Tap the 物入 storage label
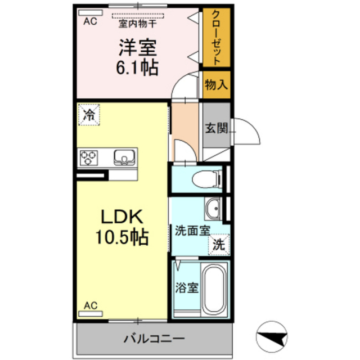[x=217, y=85]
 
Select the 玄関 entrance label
[x=215, y=128]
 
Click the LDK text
[x=123, y=217]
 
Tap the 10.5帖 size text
[x=123, y=238]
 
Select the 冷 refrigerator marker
[x=88, y=116]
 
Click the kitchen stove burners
[x=89, y=157]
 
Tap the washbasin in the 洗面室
[x=213, y=210]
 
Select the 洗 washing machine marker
[x=220, y=245]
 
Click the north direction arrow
[x=272, y=336]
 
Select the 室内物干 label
[x=137, y=24]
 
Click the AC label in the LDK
[x=90, y=305]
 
